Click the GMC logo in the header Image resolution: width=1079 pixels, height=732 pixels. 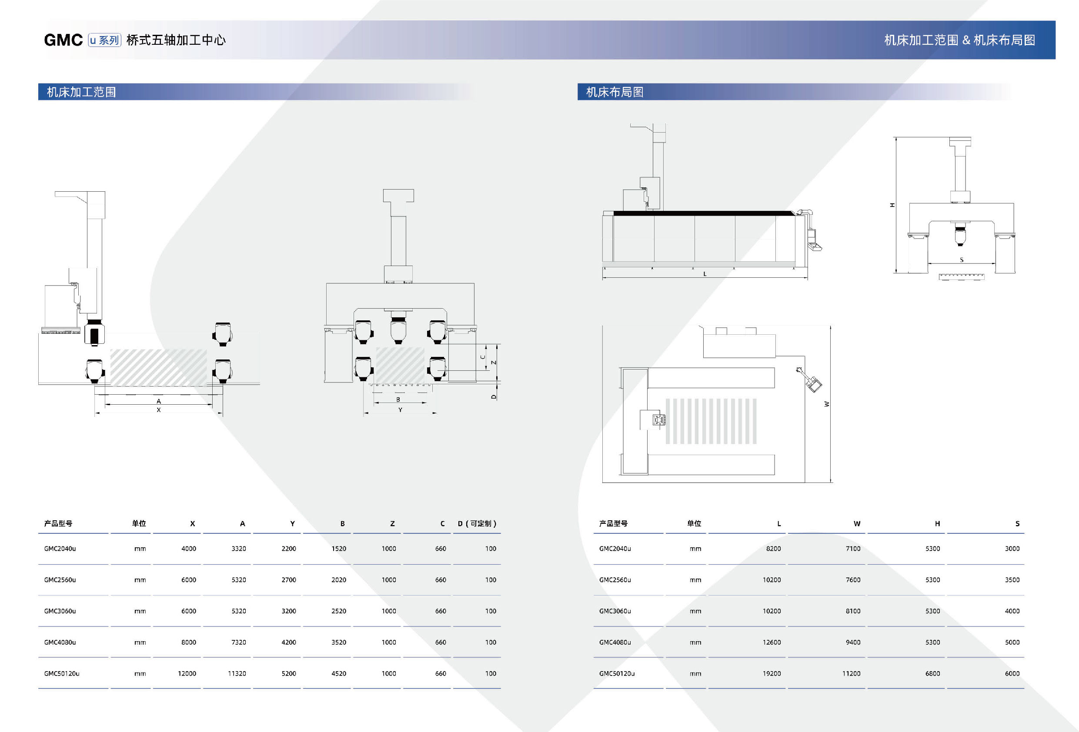click(63, 40)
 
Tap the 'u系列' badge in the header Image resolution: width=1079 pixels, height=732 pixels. click(104, 40)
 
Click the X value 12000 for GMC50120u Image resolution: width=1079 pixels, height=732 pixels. click(187, 673)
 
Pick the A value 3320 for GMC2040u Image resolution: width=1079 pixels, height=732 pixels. click(239, 549)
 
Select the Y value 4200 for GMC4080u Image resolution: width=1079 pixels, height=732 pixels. click(288, 642)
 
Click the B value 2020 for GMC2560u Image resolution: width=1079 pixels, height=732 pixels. click(338, 580)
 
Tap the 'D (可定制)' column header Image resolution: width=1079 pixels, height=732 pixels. click(477, 524)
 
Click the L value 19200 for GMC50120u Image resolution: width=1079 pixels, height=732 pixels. click(771, 673)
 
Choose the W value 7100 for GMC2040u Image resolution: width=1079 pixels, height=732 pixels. click(853, 549)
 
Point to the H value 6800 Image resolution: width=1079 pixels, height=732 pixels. click(932, 673)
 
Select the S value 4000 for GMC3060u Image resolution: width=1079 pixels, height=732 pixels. click(1012, 611)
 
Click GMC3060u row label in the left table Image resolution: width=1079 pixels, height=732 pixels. click(60, 611)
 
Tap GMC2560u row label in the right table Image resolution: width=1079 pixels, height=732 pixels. click(615, 580)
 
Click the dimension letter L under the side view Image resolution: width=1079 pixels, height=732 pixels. click(705, 274)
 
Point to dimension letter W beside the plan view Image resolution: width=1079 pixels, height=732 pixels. click(826, 404)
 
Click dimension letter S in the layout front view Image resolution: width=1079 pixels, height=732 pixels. click(962, 260)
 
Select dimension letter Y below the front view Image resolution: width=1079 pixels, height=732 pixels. click(400, 410)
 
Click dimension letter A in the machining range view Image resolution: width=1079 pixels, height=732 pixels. click(159, 401)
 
